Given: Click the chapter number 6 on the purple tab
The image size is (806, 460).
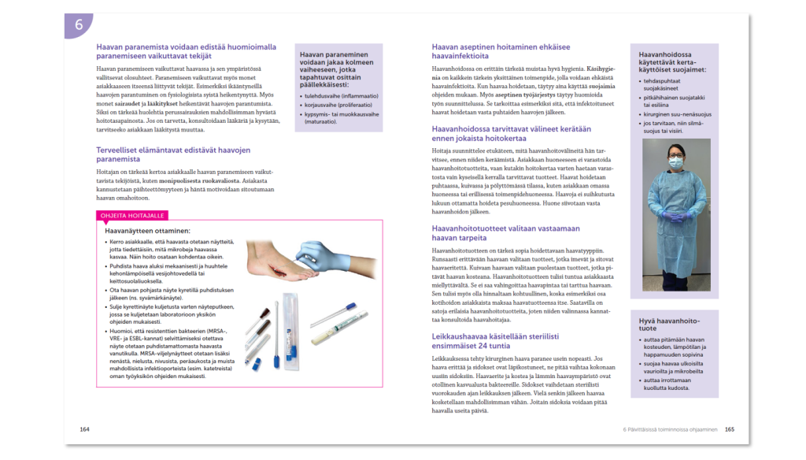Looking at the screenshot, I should point(79,25).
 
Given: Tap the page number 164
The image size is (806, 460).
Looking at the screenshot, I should point(85,429).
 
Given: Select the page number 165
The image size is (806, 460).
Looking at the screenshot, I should point(730,429).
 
